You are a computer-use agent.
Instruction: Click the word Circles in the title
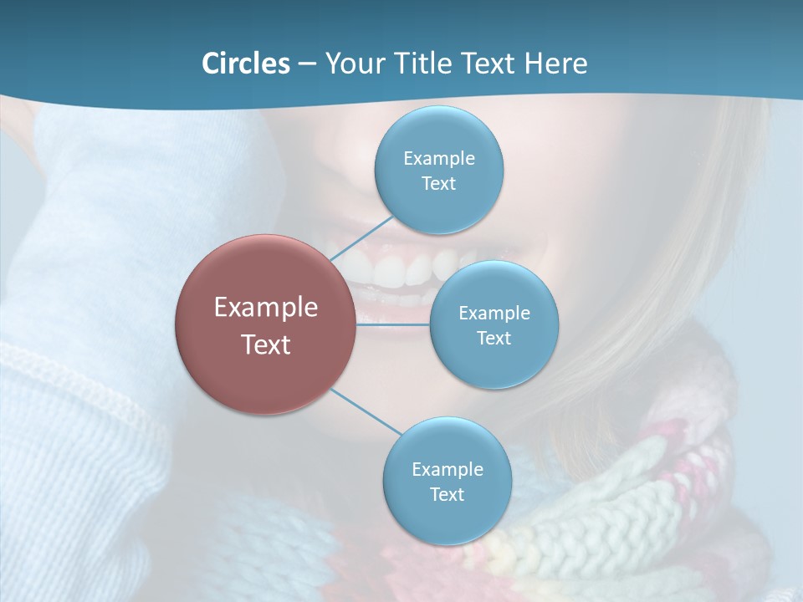[245, 63]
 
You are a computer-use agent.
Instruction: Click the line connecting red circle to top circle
[361, 237]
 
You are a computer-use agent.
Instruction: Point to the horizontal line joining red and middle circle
[393, 324]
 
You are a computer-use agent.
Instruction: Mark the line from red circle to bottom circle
[366, 411]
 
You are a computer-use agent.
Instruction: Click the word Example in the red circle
[266, 308]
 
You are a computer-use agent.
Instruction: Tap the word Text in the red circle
[266, 344]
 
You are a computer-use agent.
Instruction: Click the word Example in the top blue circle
[439, 158]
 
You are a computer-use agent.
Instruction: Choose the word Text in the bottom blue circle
[447, 494]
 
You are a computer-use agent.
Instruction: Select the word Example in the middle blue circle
[494, 313]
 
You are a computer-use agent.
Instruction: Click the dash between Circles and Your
[307, 64]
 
